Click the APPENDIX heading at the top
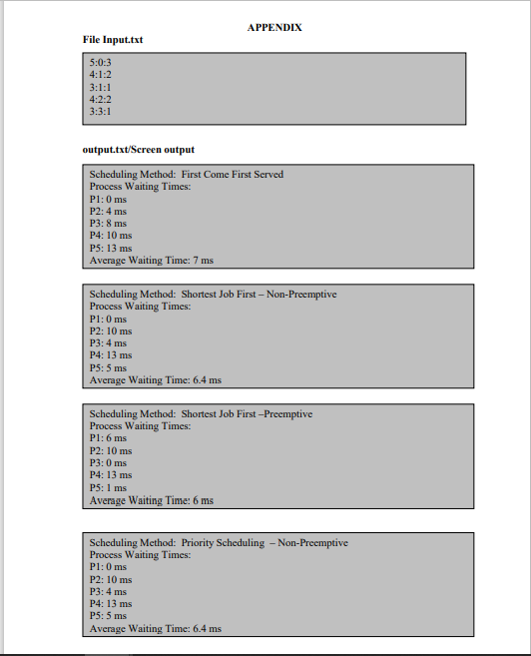[x=274, y=27]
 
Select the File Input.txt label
[x=112, y=40]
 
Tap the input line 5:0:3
[x=100, y=62]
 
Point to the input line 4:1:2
[x=100, y=74]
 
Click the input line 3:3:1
[x=100, y=111]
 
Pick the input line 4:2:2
[x=100, y=99]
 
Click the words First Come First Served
[x=232, y=175]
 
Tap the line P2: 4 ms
[x=108, y=212]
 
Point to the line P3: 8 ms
[x=108, y=224]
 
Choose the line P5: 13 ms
[x=110, y=248]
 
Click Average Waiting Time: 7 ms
[x=151, y=261]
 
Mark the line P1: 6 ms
[x=108, y=438]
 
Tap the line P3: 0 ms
[x=108, y=463]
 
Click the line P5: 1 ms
[x=108, y=488]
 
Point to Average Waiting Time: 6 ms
[x=151, y=500]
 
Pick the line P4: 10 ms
[x=110, y=236]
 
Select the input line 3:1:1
[x=100, y=87]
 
